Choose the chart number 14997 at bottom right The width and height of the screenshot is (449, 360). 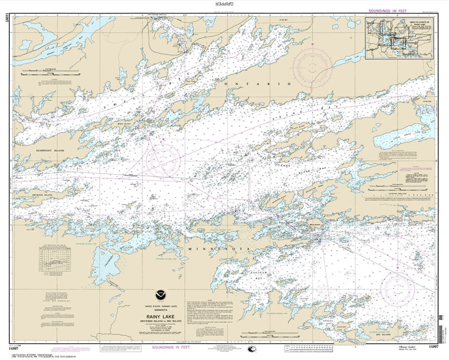(x=433, y=345)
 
